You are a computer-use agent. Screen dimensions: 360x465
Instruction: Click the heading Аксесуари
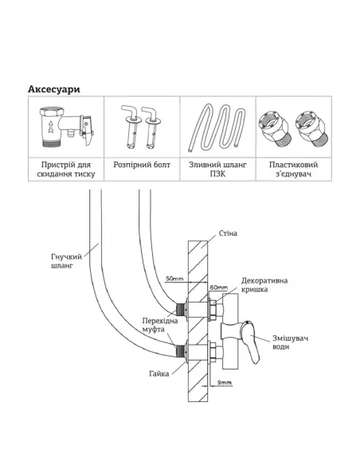[54, 89]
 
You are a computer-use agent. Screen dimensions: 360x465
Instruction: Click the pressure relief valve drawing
[67, 127]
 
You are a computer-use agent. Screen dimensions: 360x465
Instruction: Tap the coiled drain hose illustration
[217, 127]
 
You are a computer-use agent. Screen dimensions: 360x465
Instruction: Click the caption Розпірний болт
[142, 165]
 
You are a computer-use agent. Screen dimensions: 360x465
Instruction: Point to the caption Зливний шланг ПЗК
[217, 169]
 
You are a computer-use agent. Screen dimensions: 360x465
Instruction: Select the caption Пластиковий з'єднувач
[294, 169]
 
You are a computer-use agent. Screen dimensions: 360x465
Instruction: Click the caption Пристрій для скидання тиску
[66, 169]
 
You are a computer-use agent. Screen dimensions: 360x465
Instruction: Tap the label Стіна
[228, 233]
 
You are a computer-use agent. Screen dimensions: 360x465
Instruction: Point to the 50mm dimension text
[174, 279]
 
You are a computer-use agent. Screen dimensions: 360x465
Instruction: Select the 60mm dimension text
[219, 287]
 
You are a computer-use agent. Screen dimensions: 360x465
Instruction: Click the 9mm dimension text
[224, 382]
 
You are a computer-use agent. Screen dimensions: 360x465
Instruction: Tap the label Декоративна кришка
[264, 285]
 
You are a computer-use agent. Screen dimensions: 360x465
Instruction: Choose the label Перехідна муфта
[160, 325]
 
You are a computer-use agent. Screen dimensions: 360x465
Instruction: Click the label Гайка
[159, 373]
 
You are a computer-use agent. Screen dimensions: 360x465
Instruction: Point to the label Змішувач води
[291, 342]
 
